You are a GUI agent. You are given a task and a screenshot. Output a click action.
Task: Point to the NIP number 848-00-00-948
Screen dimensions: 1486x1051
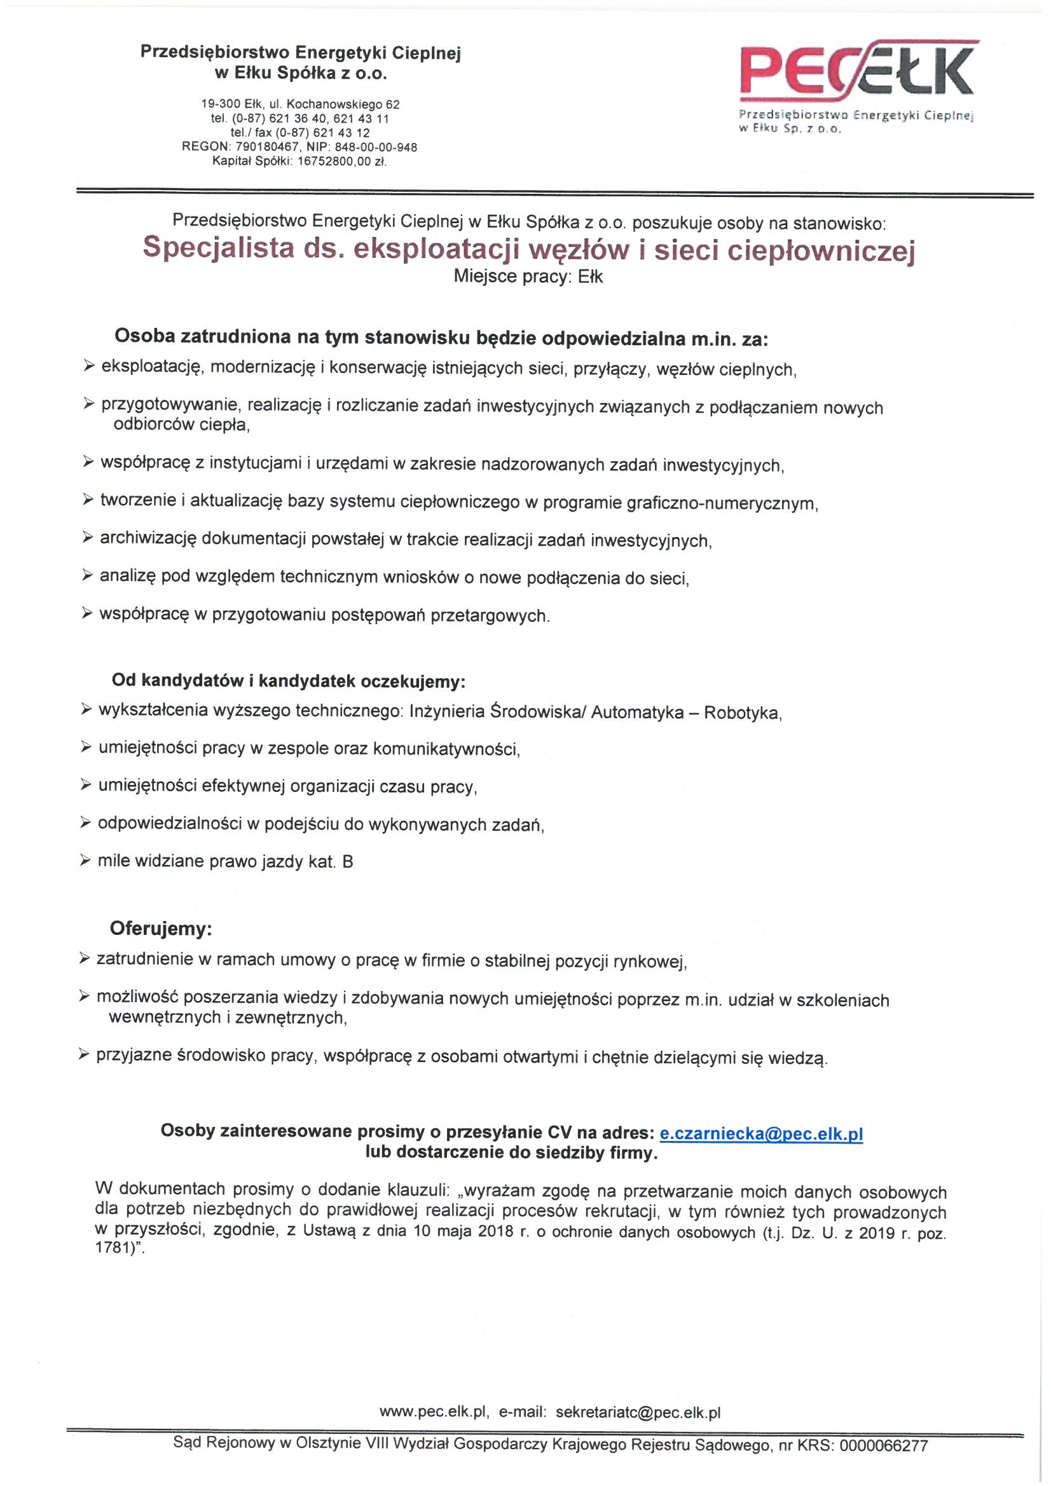pos(376,147)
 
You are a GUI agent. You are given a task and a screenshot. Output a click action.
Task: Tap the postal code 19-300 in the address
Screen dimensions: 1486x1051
pos(221,104)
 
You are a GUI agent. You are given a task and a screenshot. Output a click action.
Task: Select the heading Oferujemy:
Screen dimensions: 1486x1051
pos(161,929)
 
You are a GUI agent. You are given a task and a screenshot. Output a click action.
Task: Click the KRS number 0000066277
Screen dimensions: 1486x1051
pos(883,1446)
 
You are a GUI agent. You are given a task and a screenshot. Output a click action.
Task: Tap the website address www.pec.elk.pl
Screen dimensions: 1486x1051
pos(433,1412)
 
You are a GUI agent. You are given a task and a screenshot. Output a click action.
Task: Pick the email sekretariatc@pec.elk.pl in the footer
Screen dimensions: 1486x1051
pos(638,1412)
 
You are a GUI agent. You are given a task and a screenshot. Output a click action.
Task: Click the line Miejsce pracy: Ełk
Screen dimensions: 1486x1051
pos(528,277)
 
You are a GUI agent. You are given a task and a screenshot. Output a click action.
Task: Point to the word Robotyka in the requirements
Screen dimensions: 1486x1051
pos(741,713)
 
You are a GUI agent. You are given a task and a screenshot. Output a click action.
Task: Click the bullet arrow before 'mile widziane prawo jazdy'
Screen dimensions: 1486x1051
pos(85,860)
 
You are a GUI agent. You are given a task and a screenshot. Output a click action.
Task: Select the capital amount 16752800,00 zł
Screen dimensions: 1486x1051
pos(341,162)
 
